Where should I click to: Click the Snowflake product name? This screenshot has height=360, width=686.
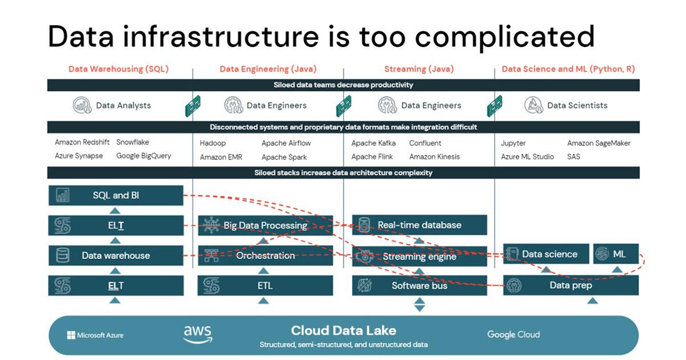coord(133,142)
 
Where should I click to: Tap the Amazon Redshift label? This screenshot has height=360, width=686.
coord(82,142)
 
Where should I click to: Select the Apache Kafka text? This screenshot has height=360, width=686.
coord(373,143)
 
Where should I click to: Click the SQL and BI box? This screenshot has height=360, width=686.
coord(116,195)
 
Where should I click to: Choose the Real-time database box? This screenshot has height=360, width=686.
coord(419,225)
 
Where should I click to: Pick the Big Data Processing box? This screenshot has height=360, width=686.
coord(265,225)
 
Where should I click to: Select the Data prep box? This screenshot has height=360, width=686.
coord(571,285)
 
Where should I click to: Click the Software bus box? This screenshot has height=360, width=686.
coord(419,285)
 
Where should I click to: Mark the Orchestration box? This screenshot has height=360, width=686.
coord(265,255)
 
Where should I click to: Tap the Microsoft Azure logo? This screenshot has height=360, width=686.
coord(95,335)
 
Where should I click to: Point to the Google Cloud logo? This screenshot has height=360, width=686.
coord(513,334)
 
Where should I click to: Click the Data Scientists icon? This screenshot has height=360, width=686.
coord(533,105)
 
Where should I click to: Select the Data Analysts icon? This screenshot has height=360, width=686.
coord(82,105)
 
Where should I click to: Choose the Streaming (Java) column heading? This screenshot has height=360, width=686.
coord(418,69)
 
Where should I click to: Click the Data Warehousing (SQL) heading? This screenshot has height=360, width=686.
coord(118,69)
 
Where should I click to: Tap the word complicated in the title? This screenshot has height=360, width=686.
coord(505,36)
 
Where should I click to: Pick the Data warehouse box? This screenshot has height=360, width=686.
coord(116,255)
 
